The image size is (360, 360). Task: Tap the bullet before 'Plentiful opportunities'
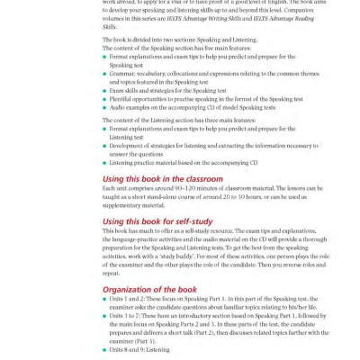pos(104,97)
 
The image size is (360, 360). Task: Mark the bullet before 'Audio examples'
pos(104,105)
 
